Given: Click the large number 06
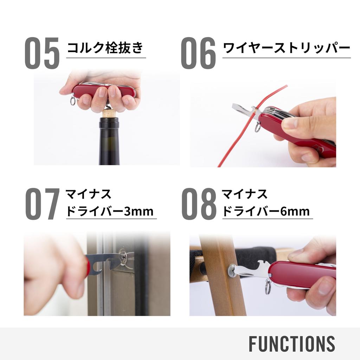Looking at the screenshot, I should point(198,53).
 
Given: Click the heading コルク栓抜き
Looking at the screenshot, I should point(105,47).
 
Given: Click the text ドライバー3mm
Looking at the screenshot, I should point(110,212).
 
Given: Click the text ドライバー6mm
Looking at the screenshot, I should point(266,212).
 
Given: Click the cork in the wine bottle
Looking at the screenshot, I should point(109,114).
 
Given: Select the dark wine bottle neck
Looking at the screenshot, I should point(109,141).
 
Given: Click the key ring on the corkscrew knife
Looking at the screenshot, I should point(73,102).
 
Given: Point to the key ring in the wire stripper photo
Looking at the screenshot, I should point(258,127).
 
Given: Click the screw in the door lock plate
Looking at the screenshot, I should point(123,257).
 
